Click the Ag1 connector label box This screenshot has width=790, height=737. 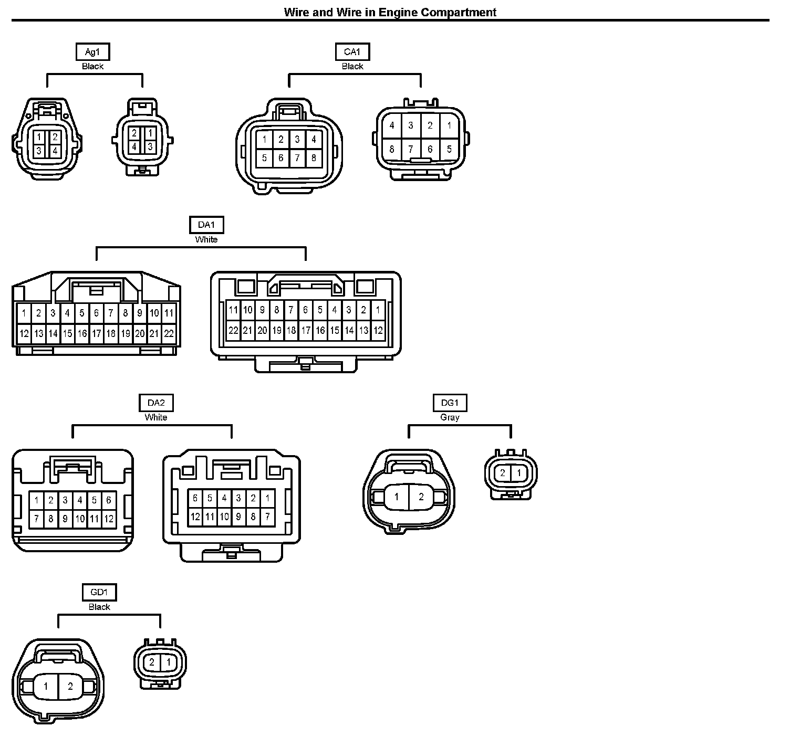click(92, 51)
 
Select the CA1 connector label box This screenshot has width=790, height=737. click(352, 51)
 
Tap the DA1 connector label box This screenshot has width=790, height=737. click(206, 225)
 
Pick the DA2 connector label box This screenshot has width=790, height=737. click(156, 403)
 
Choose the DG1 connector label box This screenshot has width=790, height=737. click(450, 403)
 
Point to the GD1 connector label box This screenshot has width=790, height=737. click(99, 592)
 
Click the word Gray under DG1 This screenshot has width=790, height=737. click(450, 417)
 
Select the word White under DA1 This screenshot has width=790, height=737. click(206, 239)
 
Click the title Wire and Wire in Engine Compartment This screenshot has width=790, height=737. click(390, 12)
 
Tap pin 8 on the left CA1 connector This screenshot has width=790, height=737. click(314, 157)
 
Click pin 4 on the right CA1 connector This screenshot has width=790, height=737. click(391, 126)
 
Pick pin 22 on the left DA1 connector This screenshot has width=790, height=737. click(169, 333)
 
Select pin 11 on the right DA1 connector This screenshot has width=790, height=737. click(233, 310)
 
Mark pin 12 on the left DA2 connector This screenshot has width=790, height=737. click(109, 519)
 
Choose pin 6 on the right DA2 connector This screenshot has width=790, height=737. click(195, 498)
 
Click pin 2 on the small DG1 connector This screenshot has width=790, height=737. click(503, 473)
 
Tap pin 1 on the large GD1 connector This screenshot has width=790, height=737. click(46, 686)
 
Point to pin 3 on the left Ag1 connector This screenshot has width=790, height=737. click(39, 151)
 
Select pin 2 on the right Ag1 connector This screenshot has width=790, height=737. click(134, 133)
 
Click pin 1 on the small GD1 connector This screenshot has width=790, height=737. click(168, 662)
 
